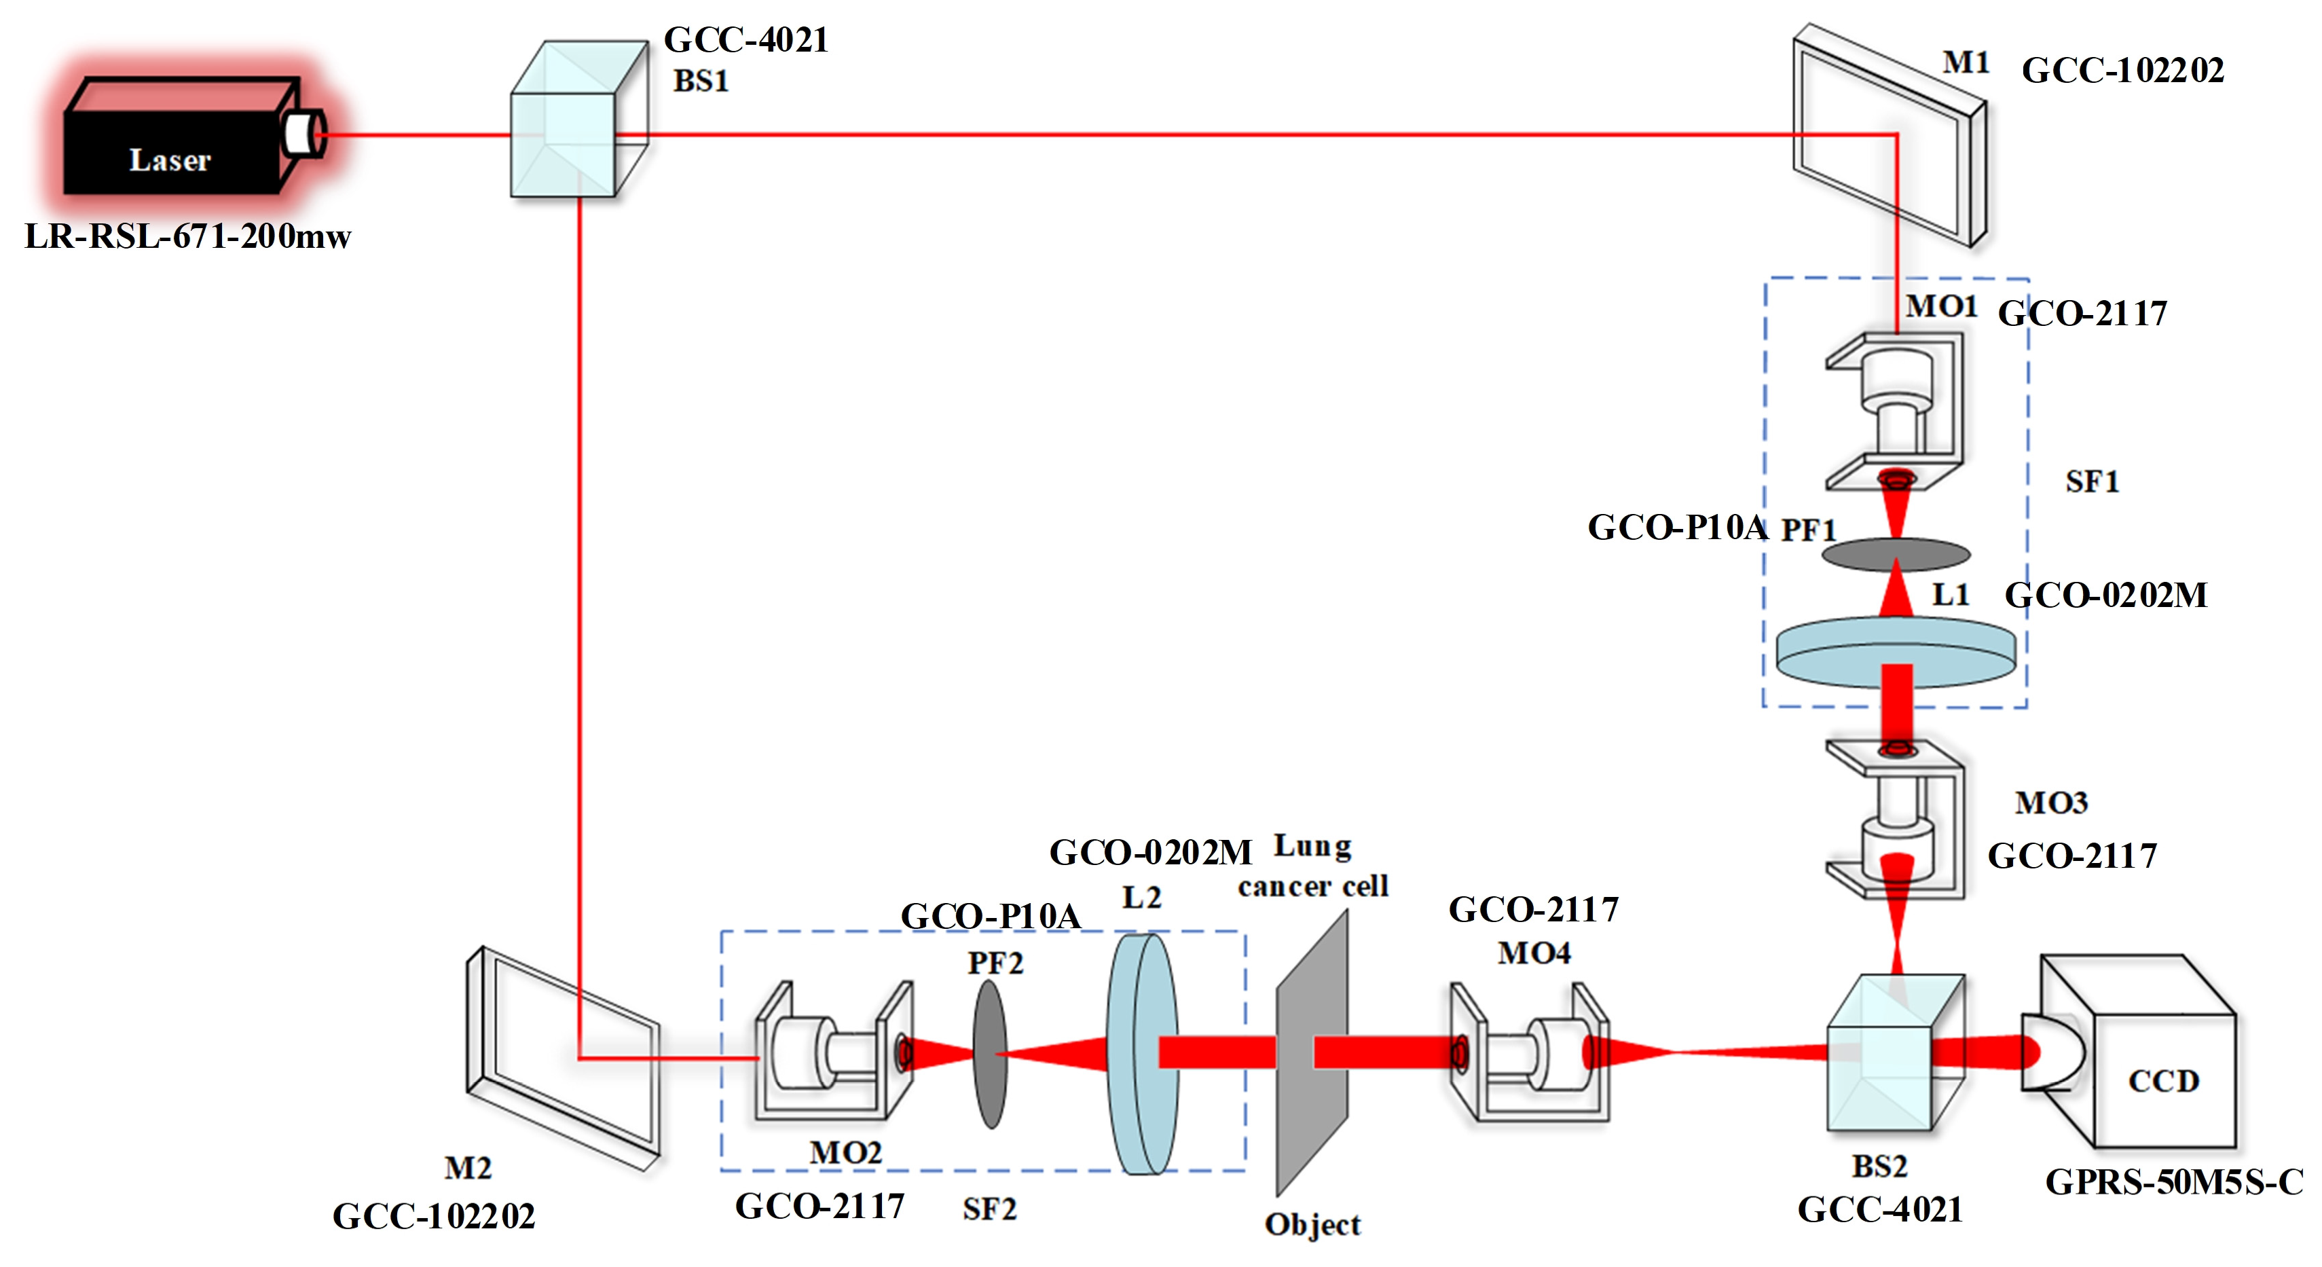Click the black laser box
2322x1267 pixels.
click(x=171, y=144)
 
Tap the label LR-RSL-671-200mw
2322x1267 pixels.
click(x=187, y=236)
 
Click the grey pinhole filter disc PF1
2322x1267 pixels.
click(x=1896, y=553)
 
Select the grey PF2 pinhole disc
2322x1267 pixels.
click(x=990, y=1054)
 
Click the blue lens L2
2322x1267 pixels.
click(x=1141, y=1054)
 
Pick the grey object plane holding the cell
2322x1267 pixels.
click(x=1312, y=1054)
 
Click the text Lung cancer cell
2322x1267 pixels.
click(x=1312, y=867)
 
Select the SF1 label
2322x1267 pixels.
click(x=2091, y=482)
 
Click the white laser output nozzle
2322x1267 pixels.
click(x=303, y=133)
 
